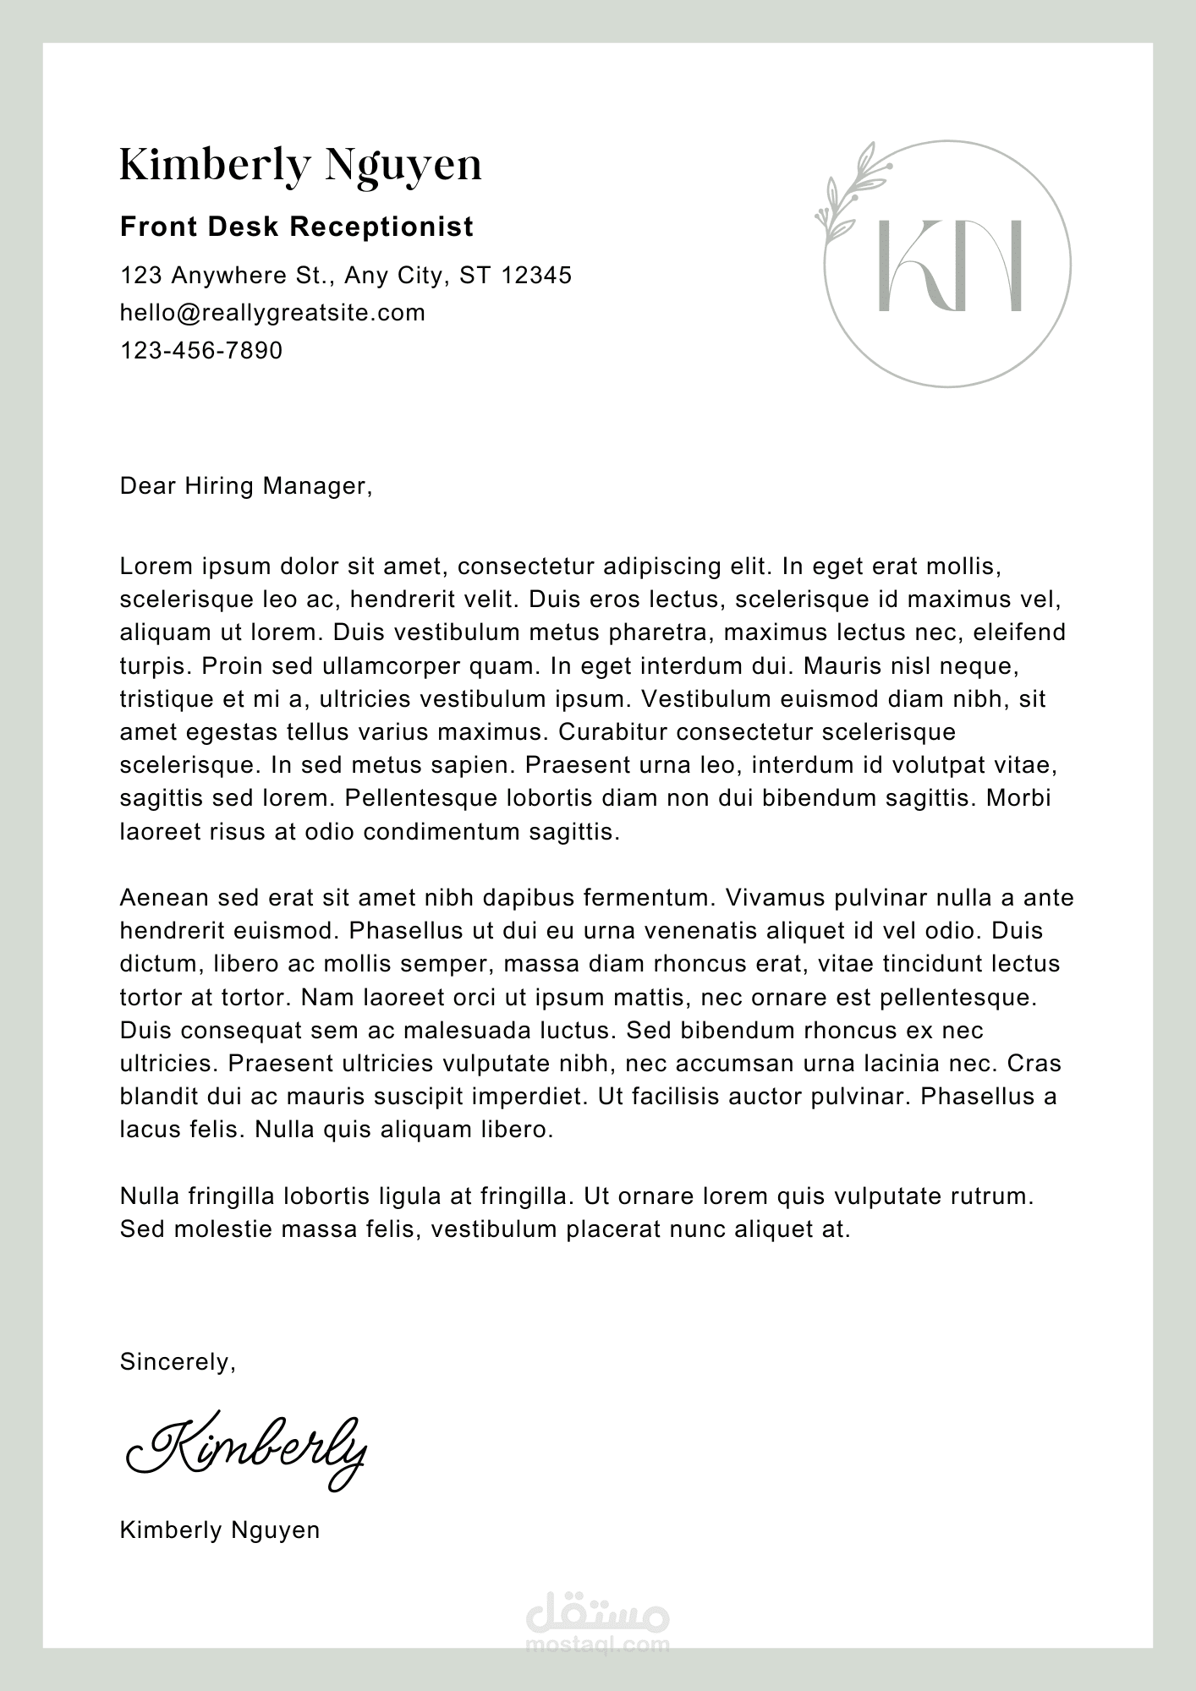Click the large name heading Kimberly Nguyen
click(300, 166)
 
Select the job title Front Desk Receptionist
click(297, 227)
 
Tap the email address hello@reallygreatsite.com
click(272, 313)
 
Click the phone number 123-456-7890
click(201, 350)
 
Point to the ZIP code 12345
click(536, 276)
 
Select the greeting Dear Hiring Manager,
click(246, 486)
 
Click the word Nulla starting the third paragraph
click(150, 1196)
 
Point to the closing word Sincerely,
click(178, 1362)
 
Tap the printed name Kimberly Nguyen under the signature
click(220, 1530)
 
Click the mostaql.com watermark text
click(597, 1644)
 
